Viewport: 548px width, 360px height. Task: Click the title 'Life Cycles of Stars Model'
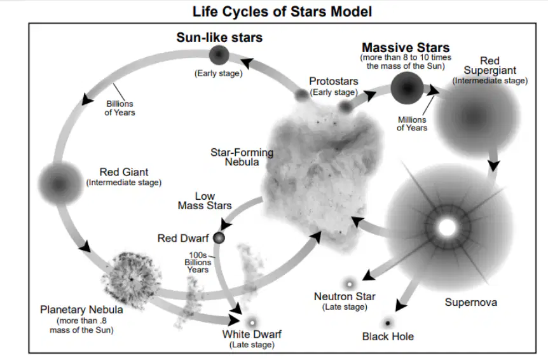tap(282, 11)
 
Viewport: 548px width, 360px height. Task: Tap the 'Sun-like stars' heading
tap(219, 38)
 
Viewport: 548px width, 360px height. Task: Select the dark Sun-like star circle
tap(219, 55)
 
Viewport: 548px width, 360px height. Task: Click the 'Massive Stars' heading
tap(406, 47)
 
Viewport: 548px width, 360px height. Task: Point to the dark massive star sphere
tap(407, 88)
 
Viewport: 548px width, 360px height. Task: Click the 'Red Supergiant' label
tap(490, 66)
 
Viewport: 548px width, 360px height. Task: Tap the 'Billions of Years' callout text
tap(120, 108)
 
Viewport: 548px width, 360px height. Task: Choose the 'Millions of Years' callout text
tap(412, 124)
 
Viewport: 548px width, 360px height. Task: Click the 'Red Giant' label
tap(124, 172)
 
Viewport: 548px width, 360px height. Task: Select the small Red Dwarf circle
tap(219, 238)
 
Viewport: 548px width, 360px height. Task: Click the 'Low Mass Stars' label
tap(205, 200)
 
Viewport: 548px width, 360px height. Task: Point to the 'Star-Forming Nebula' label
tap(242, 157)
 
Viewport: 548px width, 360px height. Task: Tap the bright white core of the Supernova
tap(447, 228)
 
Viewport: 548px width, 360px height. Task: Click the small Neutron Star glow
tap(349, 284)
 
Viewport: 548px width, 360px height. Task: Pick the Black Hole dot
tap(387, 322)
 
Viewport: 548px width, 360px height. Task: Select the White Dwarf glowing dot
tap(252, 322)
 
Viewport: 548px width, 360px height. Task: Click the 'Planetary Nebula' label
tap(81, 310)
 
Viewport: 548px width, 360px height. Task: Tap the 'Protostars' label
tap(334, 81)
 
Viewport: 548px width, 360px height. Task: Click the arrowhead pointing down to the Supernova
tap(493, 165)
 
